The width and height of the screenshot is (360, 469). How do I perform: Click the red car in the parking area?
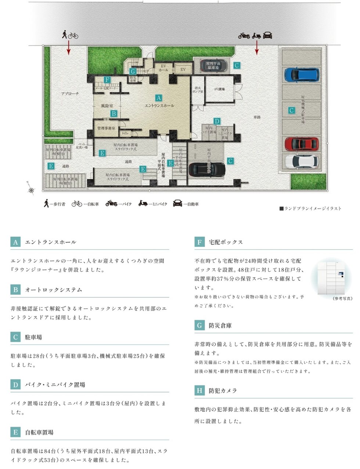pos(302,144)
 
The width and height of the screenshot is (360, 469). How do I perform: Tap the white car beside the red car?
pos(302,161)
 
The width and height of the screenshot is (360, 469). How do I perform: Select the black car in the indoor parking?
pos(206,169)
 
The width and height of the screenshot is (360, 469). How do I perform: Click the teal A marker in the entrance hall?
pos(159,98)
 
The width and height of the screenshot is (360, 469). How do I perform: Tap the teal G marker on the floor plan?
pos(133,71)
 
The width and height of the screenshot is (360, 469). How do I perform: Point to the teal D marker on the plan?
pos(217,121)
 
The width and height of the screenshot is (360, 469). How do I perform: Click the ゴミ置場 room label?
pos(219,89)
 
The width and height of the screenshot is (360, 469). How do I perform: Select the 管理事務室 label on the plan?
pos(106,128)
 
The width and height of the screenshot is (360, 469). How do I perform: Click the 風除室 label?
pos(107,106)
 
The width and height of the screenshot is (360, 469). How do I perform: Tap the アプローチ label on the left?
pos(70,94)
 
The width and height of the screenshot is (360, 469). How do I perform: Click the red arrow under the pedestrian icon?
pos(69,48)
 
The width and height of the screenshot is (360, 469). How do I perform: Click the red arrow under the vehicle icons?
pos(257,48)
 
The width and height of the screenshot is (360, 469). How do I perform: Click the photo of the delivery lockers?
pos(331,278)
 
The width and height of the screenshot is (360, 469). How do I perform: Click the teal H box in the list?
pos(199,390)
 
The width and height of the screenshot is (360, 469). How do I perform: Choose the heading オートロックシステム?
pos(54,290)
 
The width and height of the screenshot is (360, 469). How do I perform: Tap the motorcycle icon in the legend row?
pos(111,203)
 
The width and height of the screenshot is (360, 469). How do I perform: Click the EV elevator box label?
pos(183,69)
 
